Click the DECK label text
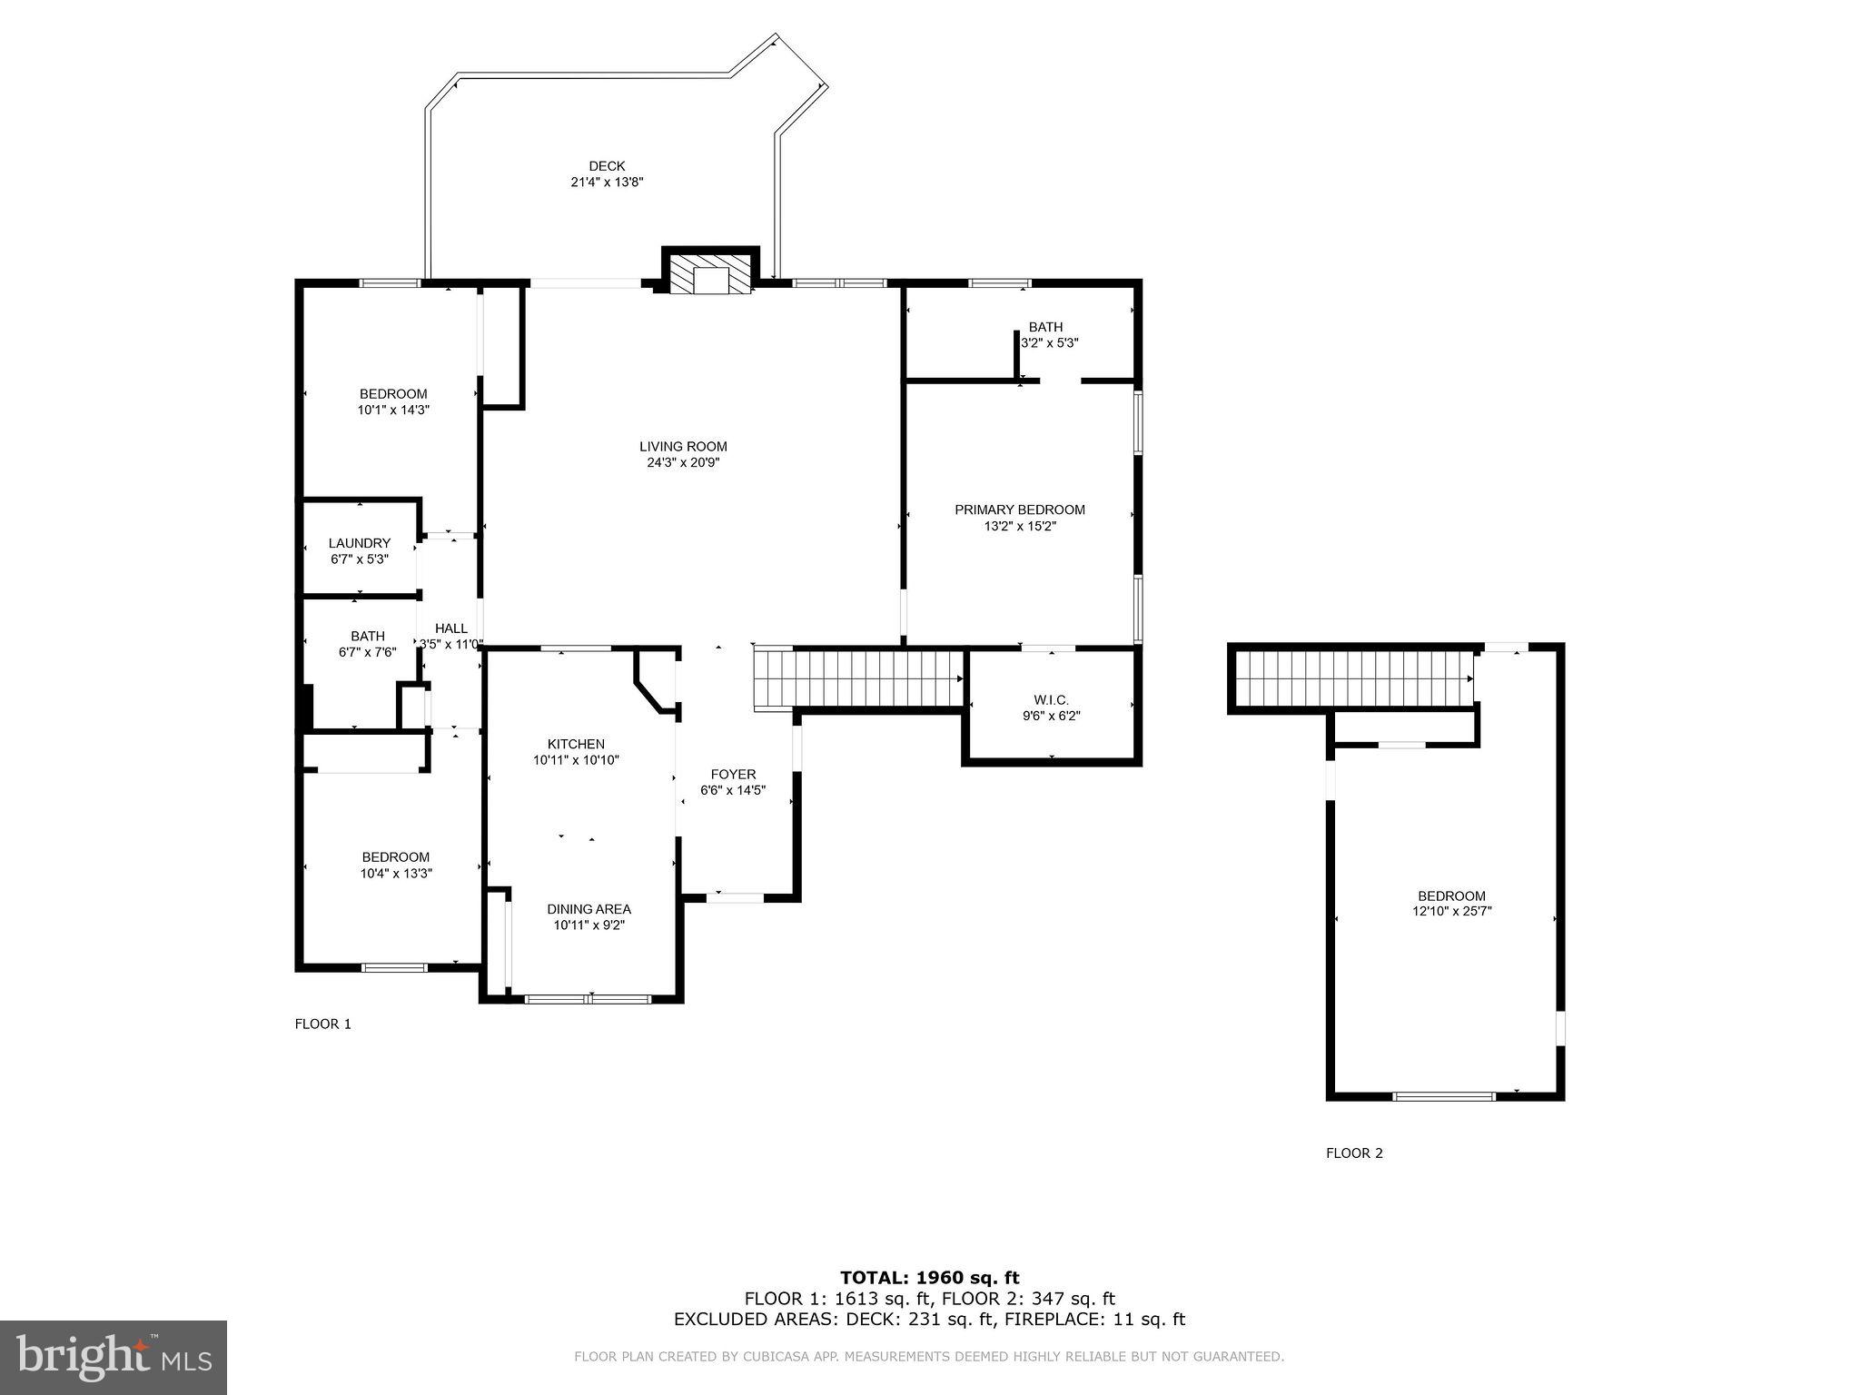607,166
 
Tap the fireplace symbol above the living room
711,274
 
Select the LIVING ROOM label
683,447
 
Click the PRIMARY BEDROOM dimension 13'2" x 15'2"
1020,526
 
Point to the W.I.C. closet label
1051,700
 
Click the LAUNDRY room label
360,543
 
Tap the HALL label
451,628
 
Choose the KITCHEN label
576,744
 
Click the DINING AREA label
589,909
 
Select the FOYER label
733,775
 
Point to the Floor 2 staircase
1353,678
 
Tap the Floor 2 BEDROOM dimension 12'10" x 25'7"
1451,911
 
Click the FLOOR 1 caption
322,1024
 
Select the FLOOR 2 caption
1354,1153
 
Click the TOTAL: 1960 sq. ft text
929,1278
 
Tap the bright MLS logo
114,1357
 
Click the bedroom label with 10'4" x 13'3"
395,857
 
